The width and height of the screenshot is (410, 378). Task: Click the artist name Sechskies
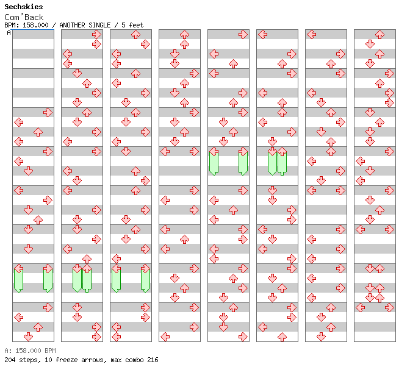pos(24,7)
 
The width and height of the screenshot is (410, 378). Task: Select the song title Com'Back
pos(24,17)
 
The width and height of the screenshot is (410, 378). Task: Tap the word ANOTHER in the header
pos(72,25)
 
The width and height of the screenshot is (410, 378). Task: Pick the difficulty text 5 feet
pos(132,25)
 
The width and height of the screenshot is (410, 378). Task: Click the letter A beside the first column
pos(9,33)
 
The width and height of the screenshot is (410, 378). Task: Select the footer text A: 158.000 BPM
pos(30,351)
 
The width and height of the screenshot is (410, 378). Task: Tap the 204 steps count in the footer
pos(23,360)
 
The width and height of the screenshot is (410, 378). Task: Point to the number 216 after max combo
pos(153,360)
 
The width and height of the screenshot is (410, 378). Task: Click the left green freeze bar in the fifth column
pos(214,163)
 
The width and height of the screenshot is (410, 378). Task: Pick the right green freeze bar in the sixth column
pos(282,163)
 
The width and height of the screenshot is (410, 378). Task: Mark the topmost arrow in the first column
pos(48,113)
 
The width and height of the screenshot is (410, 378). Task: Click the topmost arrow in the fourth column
pos(184,35)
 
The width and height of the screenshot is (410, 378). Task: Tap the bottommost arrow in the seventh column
pos(321,337)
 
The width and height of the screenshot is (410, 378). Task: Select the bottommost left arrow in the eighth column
pos(361,307)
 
